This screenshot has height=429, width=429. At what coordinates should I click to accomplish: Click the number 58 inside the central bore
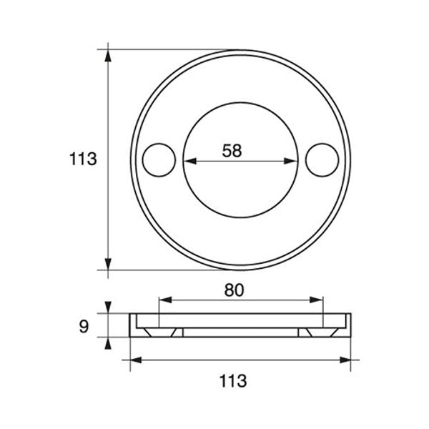pos(232,150)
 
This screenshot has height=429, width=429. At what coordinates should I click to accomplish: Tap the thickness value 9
pos(84,327)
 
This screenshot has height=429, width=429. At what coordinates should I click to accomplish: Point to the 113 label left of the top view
pos(84,159)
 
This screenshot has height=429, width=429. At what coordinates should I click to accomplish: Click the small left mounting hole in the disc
pos(159,159)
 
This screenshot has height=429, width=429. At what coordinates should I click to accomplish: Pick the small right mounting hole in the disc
pos(321,159)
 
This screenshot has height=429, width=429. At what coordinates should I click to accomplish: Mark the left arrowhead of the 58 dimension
pos(189,160)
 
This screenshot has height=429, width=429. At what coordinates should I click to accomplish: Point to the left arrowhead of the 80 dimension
pos(164,302)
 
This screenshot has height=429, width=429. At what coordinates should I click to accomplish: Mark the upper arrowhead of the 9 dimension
pos(109,308)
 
